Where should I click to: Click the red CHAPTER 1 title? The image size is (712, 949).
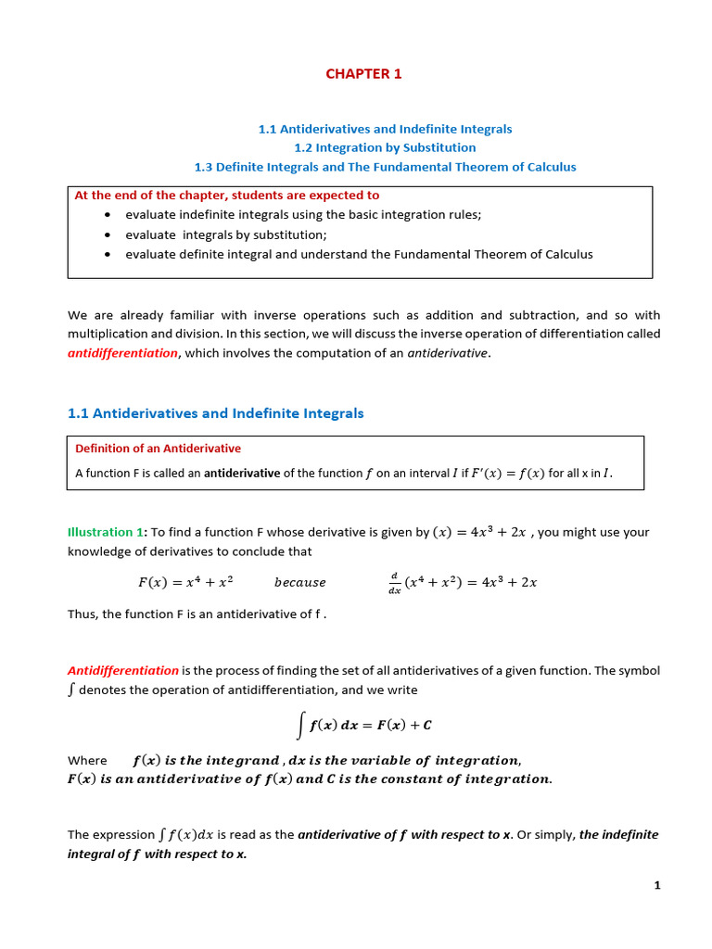pos(363,74)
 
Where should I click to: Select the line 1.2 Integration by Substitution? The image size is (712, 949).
pos(385,147)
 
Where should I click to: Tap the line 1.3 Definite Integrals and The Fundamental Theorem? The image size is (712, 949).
pos(385,167)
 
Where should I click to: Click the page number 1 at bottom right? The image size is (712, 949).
pos(657,885)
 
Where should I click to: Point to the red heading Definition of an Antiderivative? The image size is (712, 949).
pos(158,449)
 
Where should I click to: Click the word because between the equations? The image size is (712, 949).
pos(300,583)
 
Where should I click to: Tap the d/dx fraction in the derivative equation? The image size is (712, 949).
pos(394,583)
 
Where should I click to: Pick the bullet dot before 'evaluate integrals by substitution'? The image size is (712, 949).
pos(108,234)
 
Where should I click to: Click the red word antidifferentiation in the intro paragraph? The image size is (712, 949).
pos(122,353)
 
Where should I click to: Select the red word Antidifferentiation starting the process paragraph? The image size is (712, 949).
pos(123,670)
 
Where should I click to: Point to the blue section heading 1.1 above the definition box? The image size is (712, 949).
pos(216,413)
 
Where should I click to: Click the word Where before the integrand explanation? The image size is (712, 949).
pos(87,760)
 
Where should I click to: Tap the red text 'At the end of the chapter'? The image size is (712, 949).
pos(226,196)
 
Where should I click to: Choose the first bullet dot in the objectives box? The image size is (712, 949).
pos(108,215)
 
